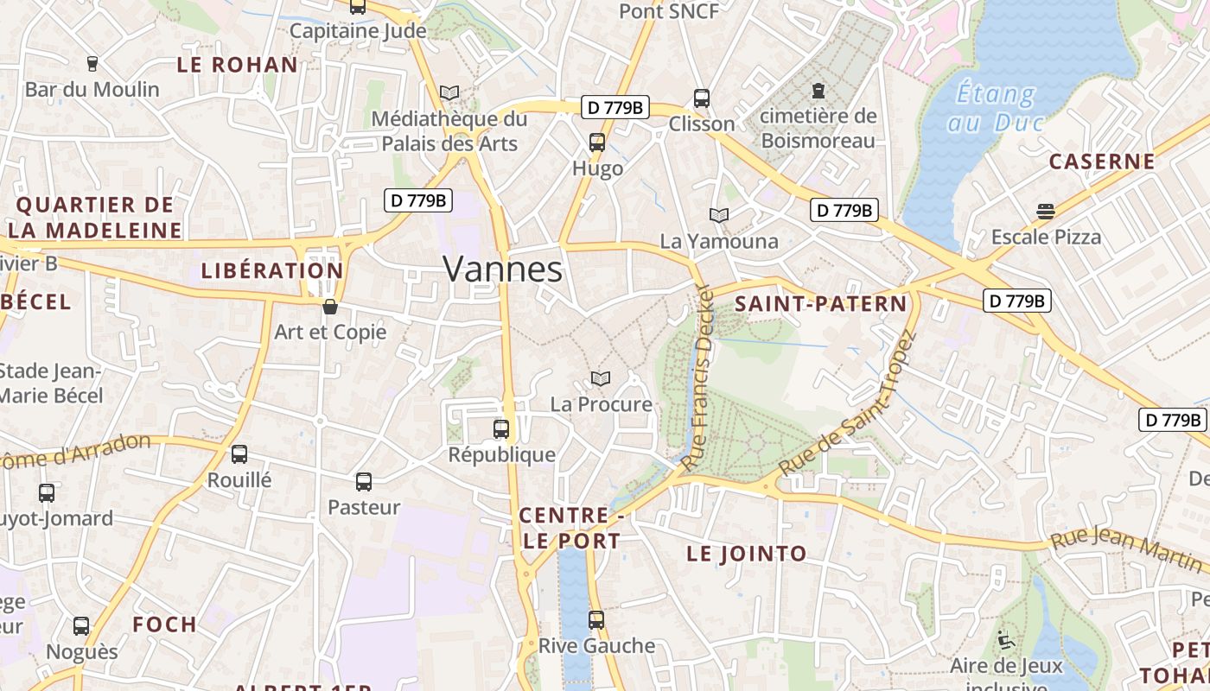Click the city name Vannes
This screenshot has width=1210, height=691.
pyautogui.click(x=502, y=269)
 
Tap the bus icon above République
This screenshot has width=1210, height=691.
pyautogui.click(x=500, y=428)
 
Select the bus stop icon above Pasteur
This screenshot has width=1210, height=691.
pyautogui.click(x=364, y=482)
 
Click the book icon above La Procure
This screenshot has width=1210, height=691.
pyautogui.click(x=601, y=378)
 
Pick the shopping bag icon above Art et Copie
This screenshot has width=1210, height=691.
pyautogui.click(x=329, y=307)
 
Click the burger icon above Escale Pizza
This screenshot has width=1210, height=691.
pyautogui.click(x=1046, y=212)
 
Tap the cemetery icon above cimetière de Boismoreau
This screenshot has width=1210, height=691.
pyautogui.click(x=818, y=90)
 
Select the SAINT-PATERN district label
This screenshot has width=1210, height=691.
pyautogui.click(x=820, y=304)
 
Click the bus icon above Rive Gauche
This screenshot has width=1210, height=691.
pyautogui.click(x=595, y=619)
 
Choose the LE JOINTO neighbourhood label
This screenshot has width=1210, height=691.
pyautogui.click(x=746, y=554)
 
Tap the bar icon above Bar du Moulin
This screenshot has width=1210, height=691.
pyautogui.click(x=92, y=63)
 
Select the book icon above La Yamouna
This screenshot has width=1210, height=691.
pyautogui.click(x=718, y=215)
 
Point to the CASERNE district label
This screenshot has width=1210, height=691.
pyautogui.click(x=1101, y=162)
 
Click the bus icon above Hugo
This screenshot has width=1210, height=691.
pyautogui.click(x=597, y=143)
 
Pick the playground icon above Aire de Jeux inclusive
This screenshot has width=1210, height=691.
pyautogui.click(x=1005, y=640)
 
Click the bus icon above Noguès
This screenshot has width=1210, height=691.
pyautogui.click(x=81, y=626)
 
